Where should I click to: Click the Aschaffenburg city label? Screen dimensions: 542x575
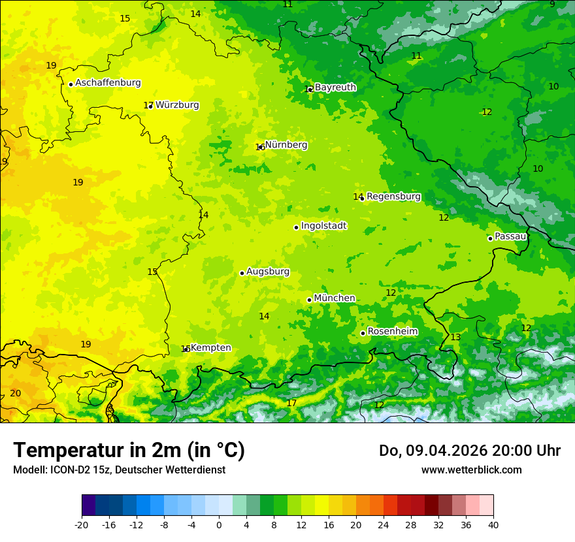coord(108,83)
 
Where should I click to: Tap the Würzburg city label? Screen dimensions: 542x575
coord(177,105)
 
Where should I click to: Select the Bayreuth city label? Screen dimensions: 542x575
coord(335,88)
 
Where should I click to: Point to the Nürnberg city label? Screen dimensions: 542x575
coord(286,145)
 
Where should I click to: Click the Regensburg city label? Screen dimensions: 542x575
coord(393,197)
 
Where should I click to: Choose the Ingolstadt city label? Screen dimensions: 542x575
coord(323,226)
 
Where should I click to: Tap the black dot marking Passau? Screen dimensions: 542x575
coord(490,238)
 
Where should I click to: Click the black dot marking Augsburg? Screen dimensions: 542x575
coord(242,273)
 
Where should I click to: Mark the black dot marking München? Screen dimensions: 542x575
coord(309,300)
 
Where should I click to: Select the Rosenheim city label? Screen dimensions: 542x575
coord(392,332)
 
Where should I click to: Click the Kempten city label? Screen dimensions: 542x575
coord(210,348)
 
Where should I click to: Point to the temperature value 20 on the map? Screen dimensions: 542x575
coord(16,393)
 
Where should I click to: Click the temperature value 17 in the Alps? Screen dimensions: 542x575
coord(291,403)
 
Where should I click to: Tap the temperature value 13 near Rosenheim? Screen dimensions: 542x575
coord(455,337)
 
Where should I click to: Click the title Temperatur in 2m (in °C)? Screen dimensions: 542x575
coord(129,450)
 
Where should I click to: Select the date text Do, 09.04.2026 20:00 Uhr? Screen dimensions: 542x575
coord(469,451)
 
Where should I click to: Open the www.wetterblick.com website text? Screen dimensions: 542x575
coord(471,470)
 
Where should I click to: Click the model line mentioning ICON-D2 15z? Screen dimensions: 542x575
coord(119,470)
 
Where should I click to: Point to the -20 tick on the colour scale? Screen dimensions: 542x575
coord(82,524)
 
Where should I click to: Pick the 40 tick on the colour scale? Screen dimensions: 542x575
coord(493,524)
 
